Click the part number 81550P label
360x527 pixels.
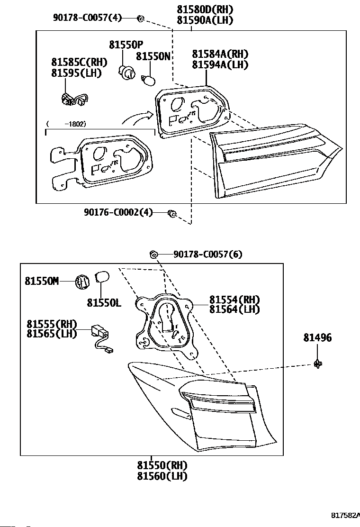pyautogui.click(x=126, y=45)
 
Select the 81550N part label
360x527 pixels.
pyautogui.click(x=153, y=56)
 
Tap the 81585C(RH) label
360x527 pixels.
pyautogui.click(x=79, y=62)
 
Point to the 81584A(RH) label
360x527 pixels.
pyautogui.click(x=220, y=54)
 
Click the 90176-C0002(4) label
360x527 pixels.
pyautogui.click(x=118, y=212)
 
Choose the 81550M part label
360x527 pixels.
pyautogui.click(x=42, y=281)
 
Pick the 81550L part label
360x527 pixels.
pyautogui.click(x=104, y=303)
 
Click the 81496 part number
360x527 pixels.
pyautogui.click(x=317, y=337)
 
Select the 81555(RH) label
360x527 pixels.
pyautogui.click(x=52, y=324)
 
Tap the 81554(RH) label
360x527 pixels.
pyautogui.click(x=235, y=299)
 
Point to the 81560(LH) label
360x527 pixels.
pyautogui.click(x=162, y=476)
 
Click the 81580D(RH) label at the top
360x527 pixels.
pyautogui.click(x=205, y=9)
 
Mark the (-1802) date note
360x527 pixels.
pyautogui.click(x=66, y=124)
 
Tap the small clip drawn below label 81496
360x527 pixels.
pyautogui.click(x=318, y=363)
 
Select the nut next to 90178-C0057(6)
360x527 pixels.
pyautogui.click(x=153, y=254)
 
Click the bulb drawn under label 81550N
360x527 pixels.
pyautogui.click(x=149, y=80)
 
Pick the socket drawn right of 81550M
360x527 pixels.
pyautogui.click(x=82, y=281)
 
